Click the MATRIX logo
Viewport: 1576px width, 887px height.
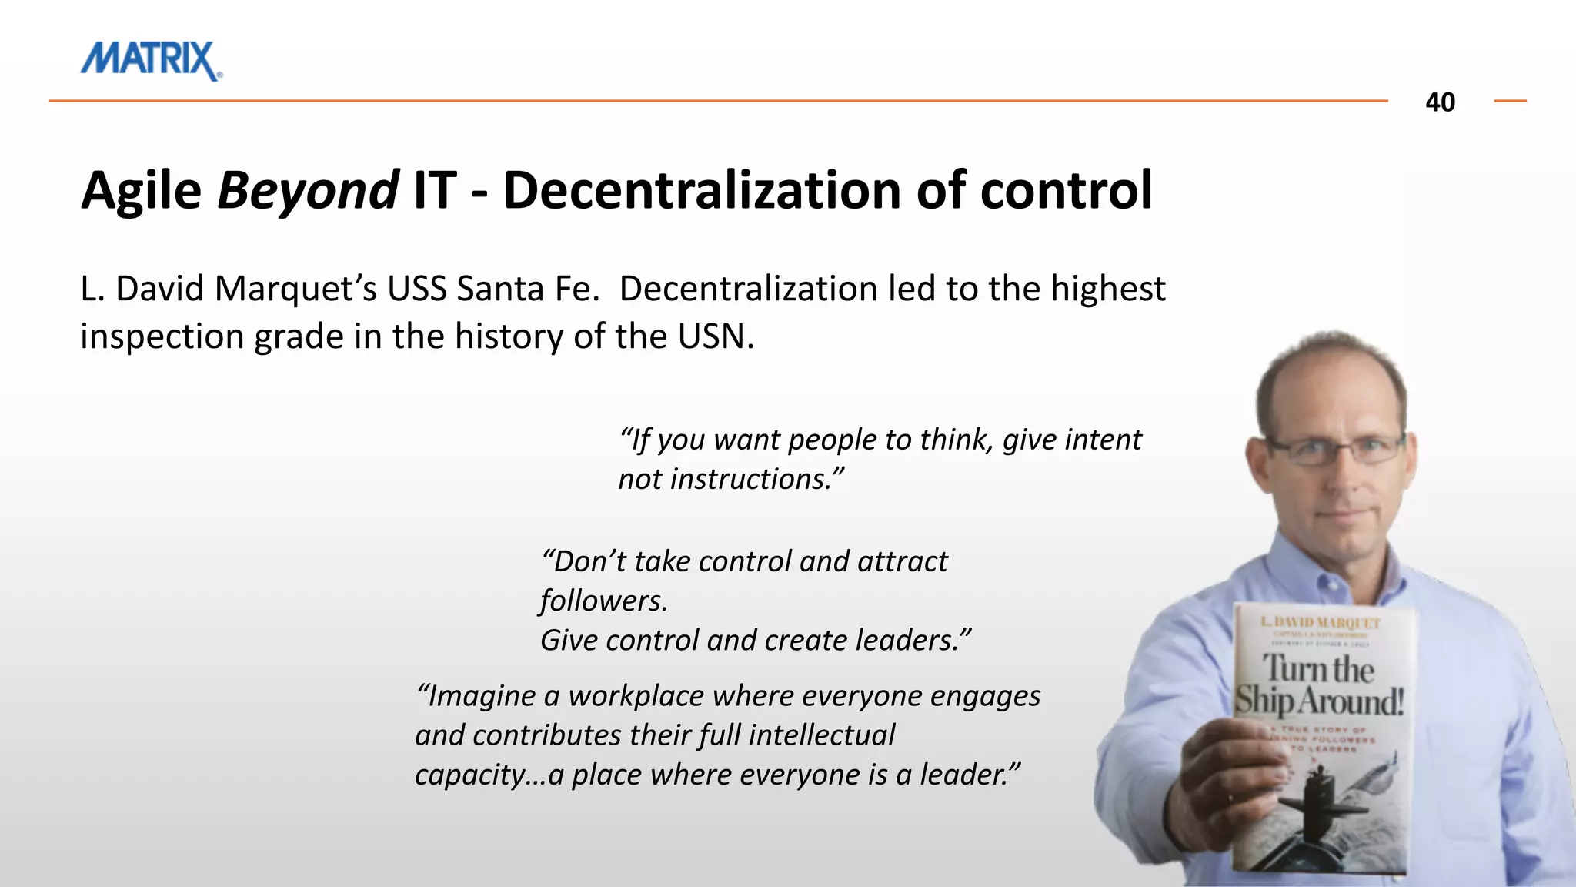click(151, 60)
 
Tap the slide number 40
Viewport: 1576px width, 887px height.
click(1440, 102)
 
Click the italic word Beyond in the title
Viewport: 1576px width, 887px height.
click(308, 190)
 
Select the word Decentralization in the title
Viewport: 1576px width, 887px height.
click(701, 190)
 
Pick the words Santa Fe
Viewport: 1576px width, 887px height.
click(528, 290)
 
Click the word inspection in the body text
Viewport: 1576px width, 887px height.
click(161, 337)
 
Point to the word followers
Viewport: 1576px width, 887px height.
click(603, 601)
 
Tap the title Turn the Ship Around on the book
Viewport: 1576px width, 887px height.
click(1319, 684)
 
